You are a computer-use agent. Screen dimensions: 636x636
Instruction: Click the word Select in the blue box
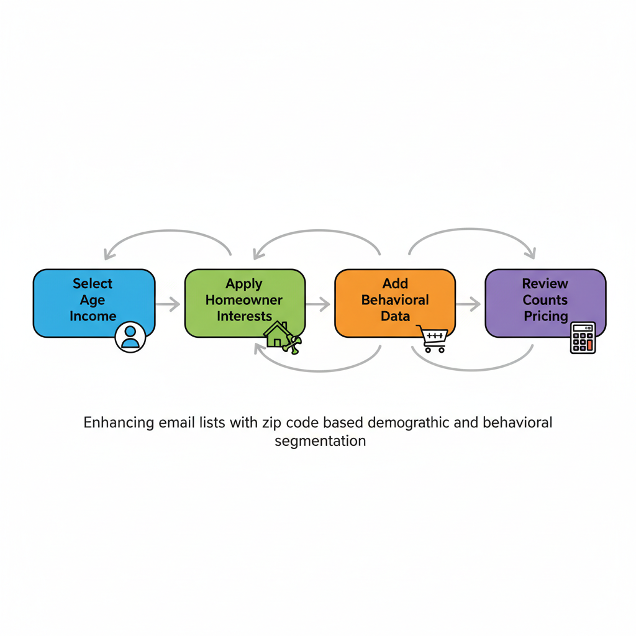pyautogui.click(x=93, y=284)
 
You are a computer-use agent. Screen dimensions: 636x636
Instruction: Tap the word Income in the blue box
pyautogui.click(x=93, y=316)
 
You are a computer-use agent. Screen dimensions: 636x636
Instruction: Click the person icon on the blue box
pyautogui.click(x=130, y=337)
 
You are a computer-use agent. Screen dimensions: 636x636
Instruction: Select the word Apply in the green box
pyautogui.click(x=244, y=284)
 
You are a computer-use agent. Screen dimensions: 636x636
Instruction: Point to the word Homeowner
pyautogui.click(x=244, y=300)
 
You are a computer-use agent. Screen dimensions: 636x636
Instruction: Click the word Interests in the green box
pyautogui.click(x=244, y=316)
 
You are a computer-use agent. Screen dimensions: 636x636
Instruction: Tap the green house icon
pyautogui.click(x=277, y=335)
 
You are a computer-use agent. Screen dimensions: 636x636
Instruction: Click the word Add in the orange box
pyautogui.click(x=395, y=284)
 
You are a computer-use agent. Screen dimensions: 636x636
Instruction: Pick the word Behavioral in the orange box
pyautogui.click(x=395, y=300)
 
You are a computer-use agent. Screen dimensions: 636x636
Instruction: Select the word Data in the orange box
pyautogui.click(x=395, y=316)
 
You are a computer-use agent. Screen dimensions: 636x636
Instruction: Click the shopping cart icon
pyautogui.click(x=432, y=339)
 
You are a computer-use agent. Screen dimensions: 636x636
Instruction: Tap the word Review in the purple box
pyautogui.click(x=545, y=284)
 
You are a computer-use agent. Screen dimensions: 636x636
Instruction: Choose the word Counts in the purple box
pyautogui.click(x=545, y=300)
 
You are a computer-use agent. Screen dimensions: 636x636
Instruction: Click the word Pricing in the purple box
pyautogui.click(x=545, y=316)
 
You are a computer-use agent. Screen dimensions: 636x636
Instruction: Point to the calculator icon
pyautogui.click(x=583, y=338)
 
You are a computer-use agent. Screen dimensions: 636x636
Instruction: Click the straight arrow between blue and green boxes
pyautogui.click(x=168, y=304)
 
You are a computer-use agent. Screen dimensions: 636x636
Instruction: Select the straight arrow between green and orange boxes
pyautogui.click(x=318, y=304)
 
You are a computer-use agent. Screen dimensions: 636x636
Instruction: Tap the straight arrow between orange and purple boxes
pyautogui.click(x=468, y=304)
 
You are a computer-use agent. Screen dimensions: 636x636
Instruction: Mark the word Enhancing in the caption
pyautogui.click(x=119, y=424)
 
